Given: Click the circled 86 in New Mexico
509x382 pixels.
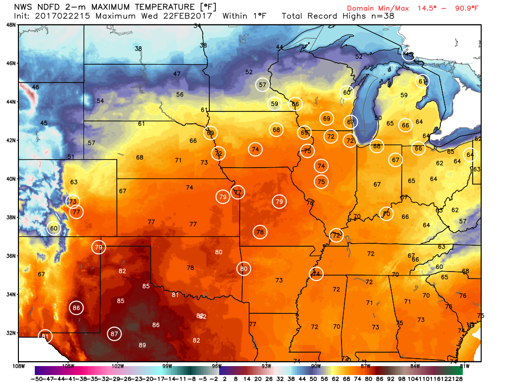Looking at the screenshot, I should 76,308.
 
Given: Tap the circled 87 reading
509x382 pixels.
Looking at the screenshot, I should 114,334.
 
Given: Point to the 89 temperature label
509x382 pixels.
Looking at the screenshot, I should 142,345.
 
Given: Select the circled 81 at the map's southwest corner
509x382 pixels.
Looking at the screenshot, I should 45,336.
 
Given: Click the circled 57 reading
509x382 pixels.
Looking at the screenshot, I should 262,85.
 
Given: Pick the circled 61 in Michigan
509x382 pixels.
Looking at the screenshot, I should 422,81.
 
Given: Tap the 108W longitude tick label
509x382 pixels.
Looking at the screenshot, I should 19,366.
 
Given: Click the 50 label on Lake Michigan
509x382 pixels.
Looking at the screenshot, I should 378,118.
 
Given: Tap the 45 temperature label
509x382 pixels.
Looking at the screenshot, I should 44,123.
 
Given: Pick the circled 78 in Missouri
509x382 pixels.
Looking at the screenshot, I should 260,232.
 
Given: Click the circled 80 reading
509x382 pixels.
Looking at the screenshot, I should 243,269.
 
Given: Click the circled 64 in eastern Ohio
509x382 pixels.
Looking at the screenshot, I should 470,155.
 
